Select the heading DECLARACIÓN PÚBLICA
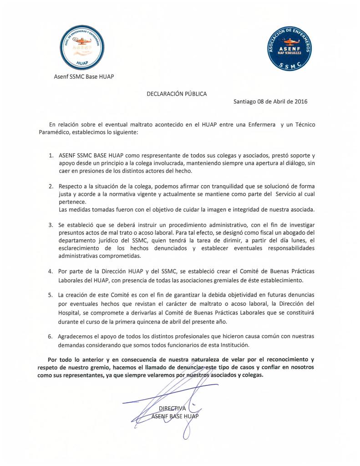pyautogui.click(x=176, y=94)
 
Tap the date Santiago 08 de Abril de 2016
pyautogui.click(x=270, y=101)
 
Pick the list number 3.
pyautogui.click(x=51, y=225)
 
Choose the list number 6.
pyautogui.click(x=51, y=337)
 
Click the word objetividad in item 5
pyautogui.click(x=220, y=295)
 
